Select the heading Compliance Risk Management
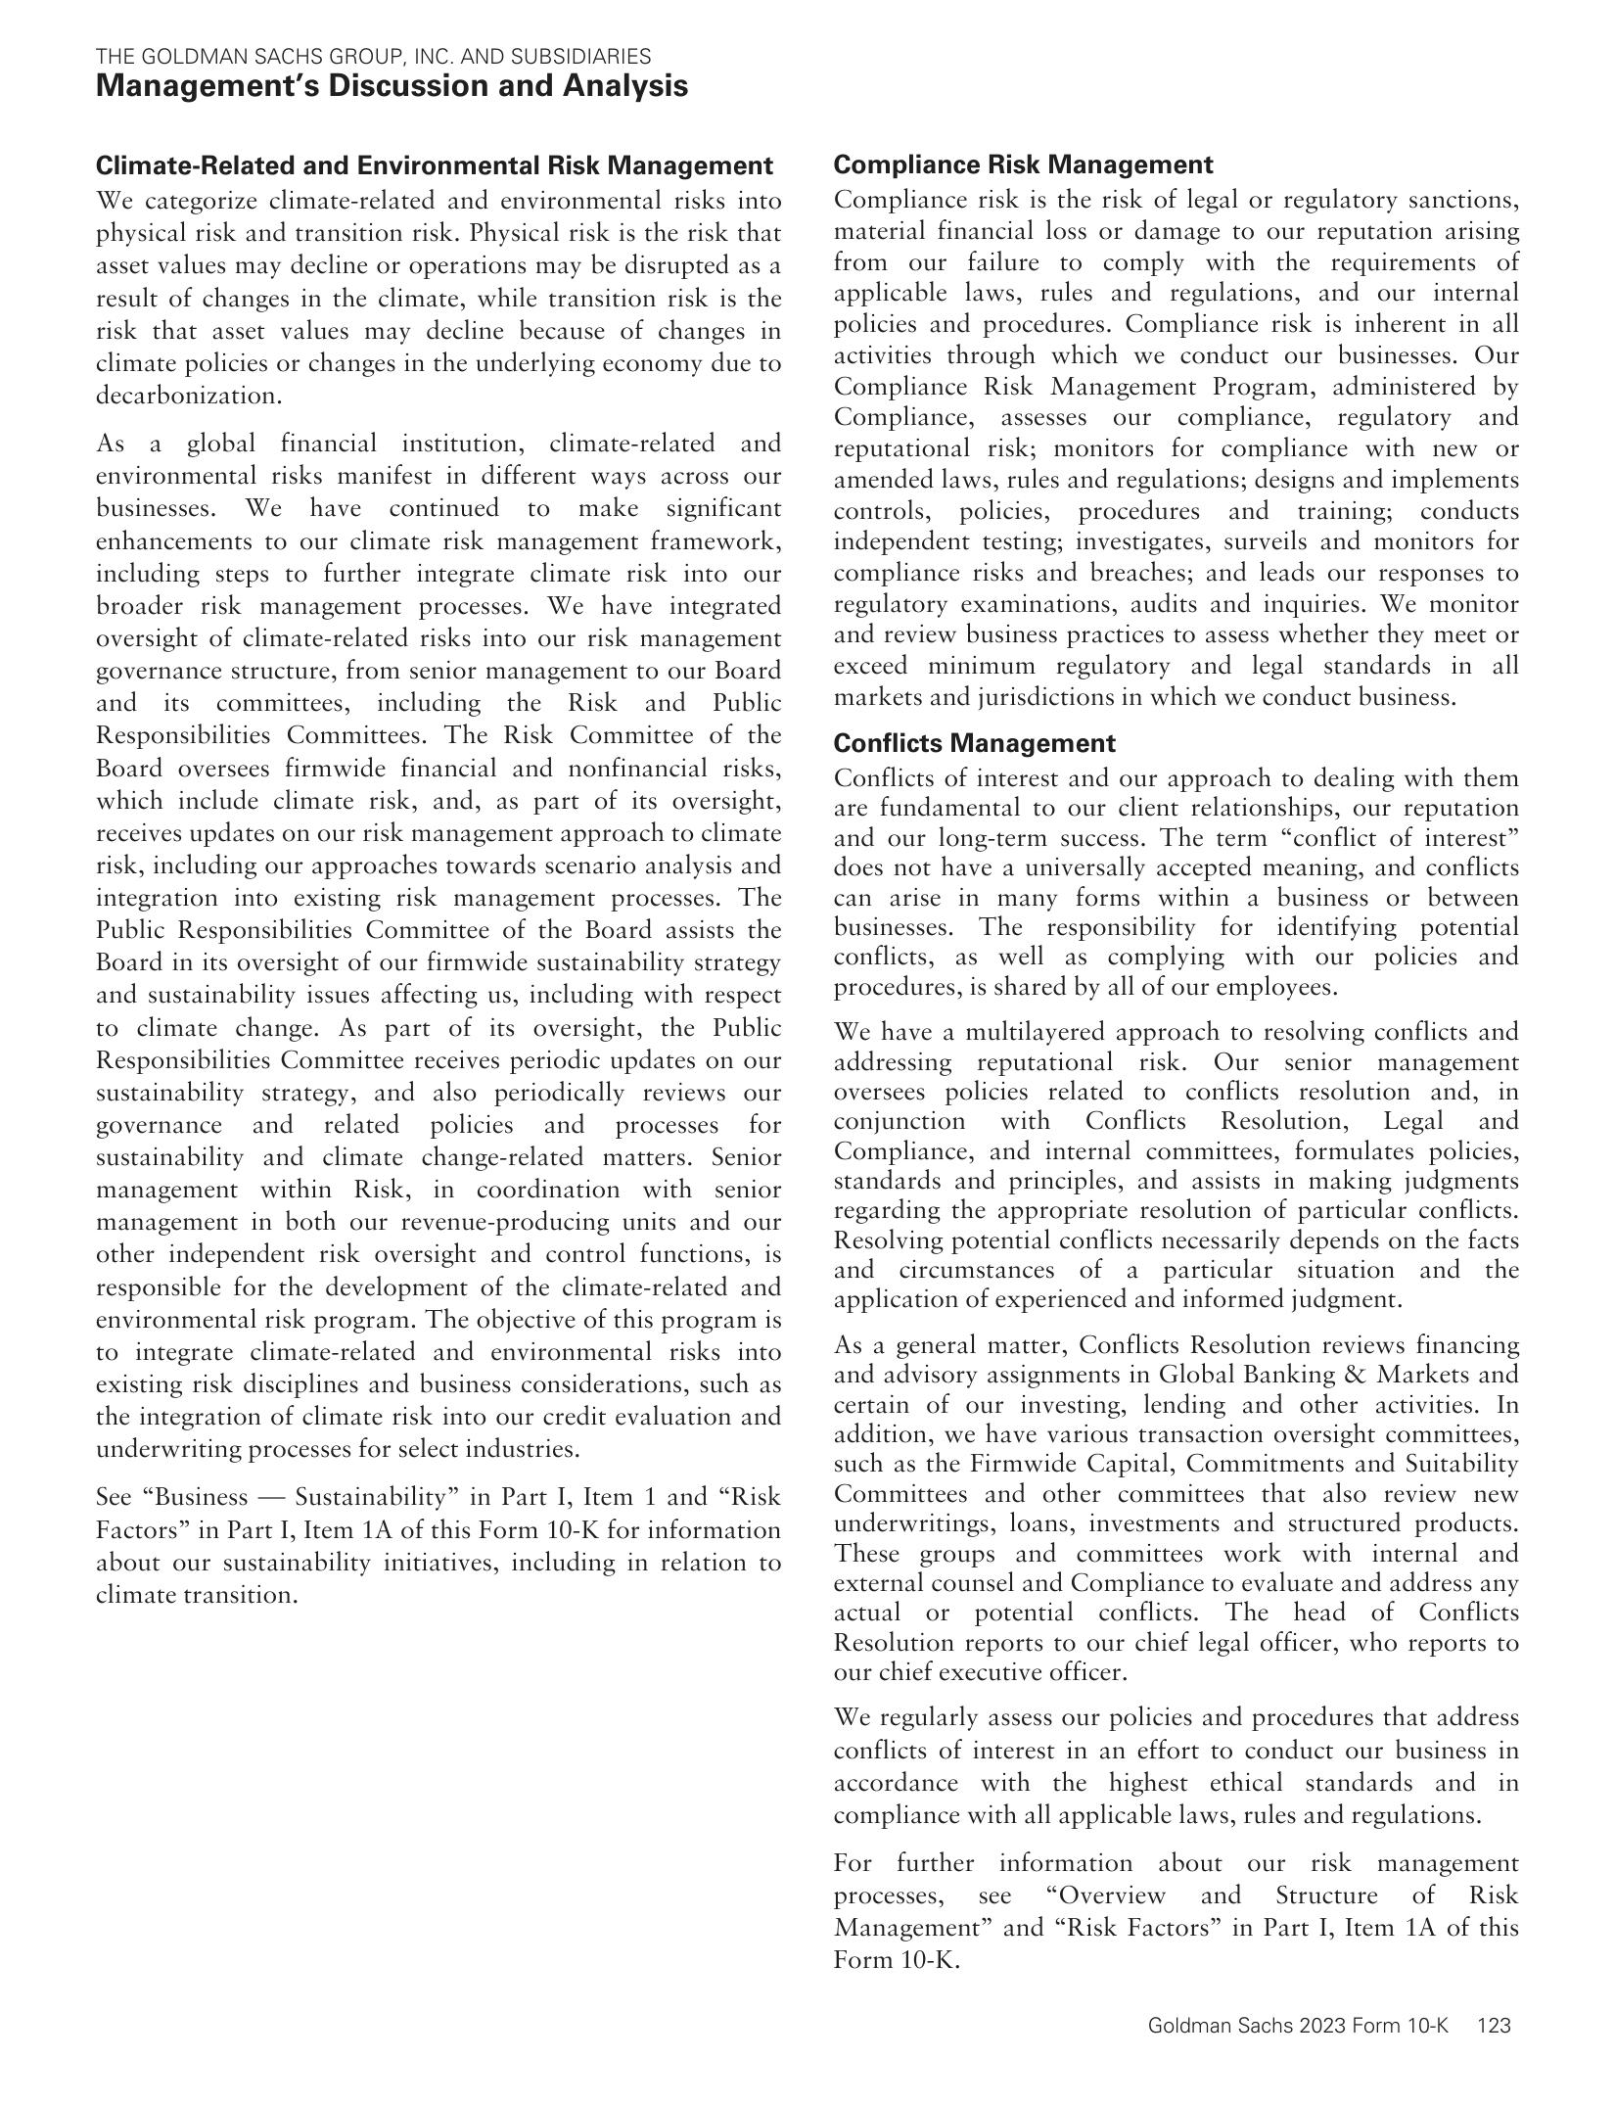1023,164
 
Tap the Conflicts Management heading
974,743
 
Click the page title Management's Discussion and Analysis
392,86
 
